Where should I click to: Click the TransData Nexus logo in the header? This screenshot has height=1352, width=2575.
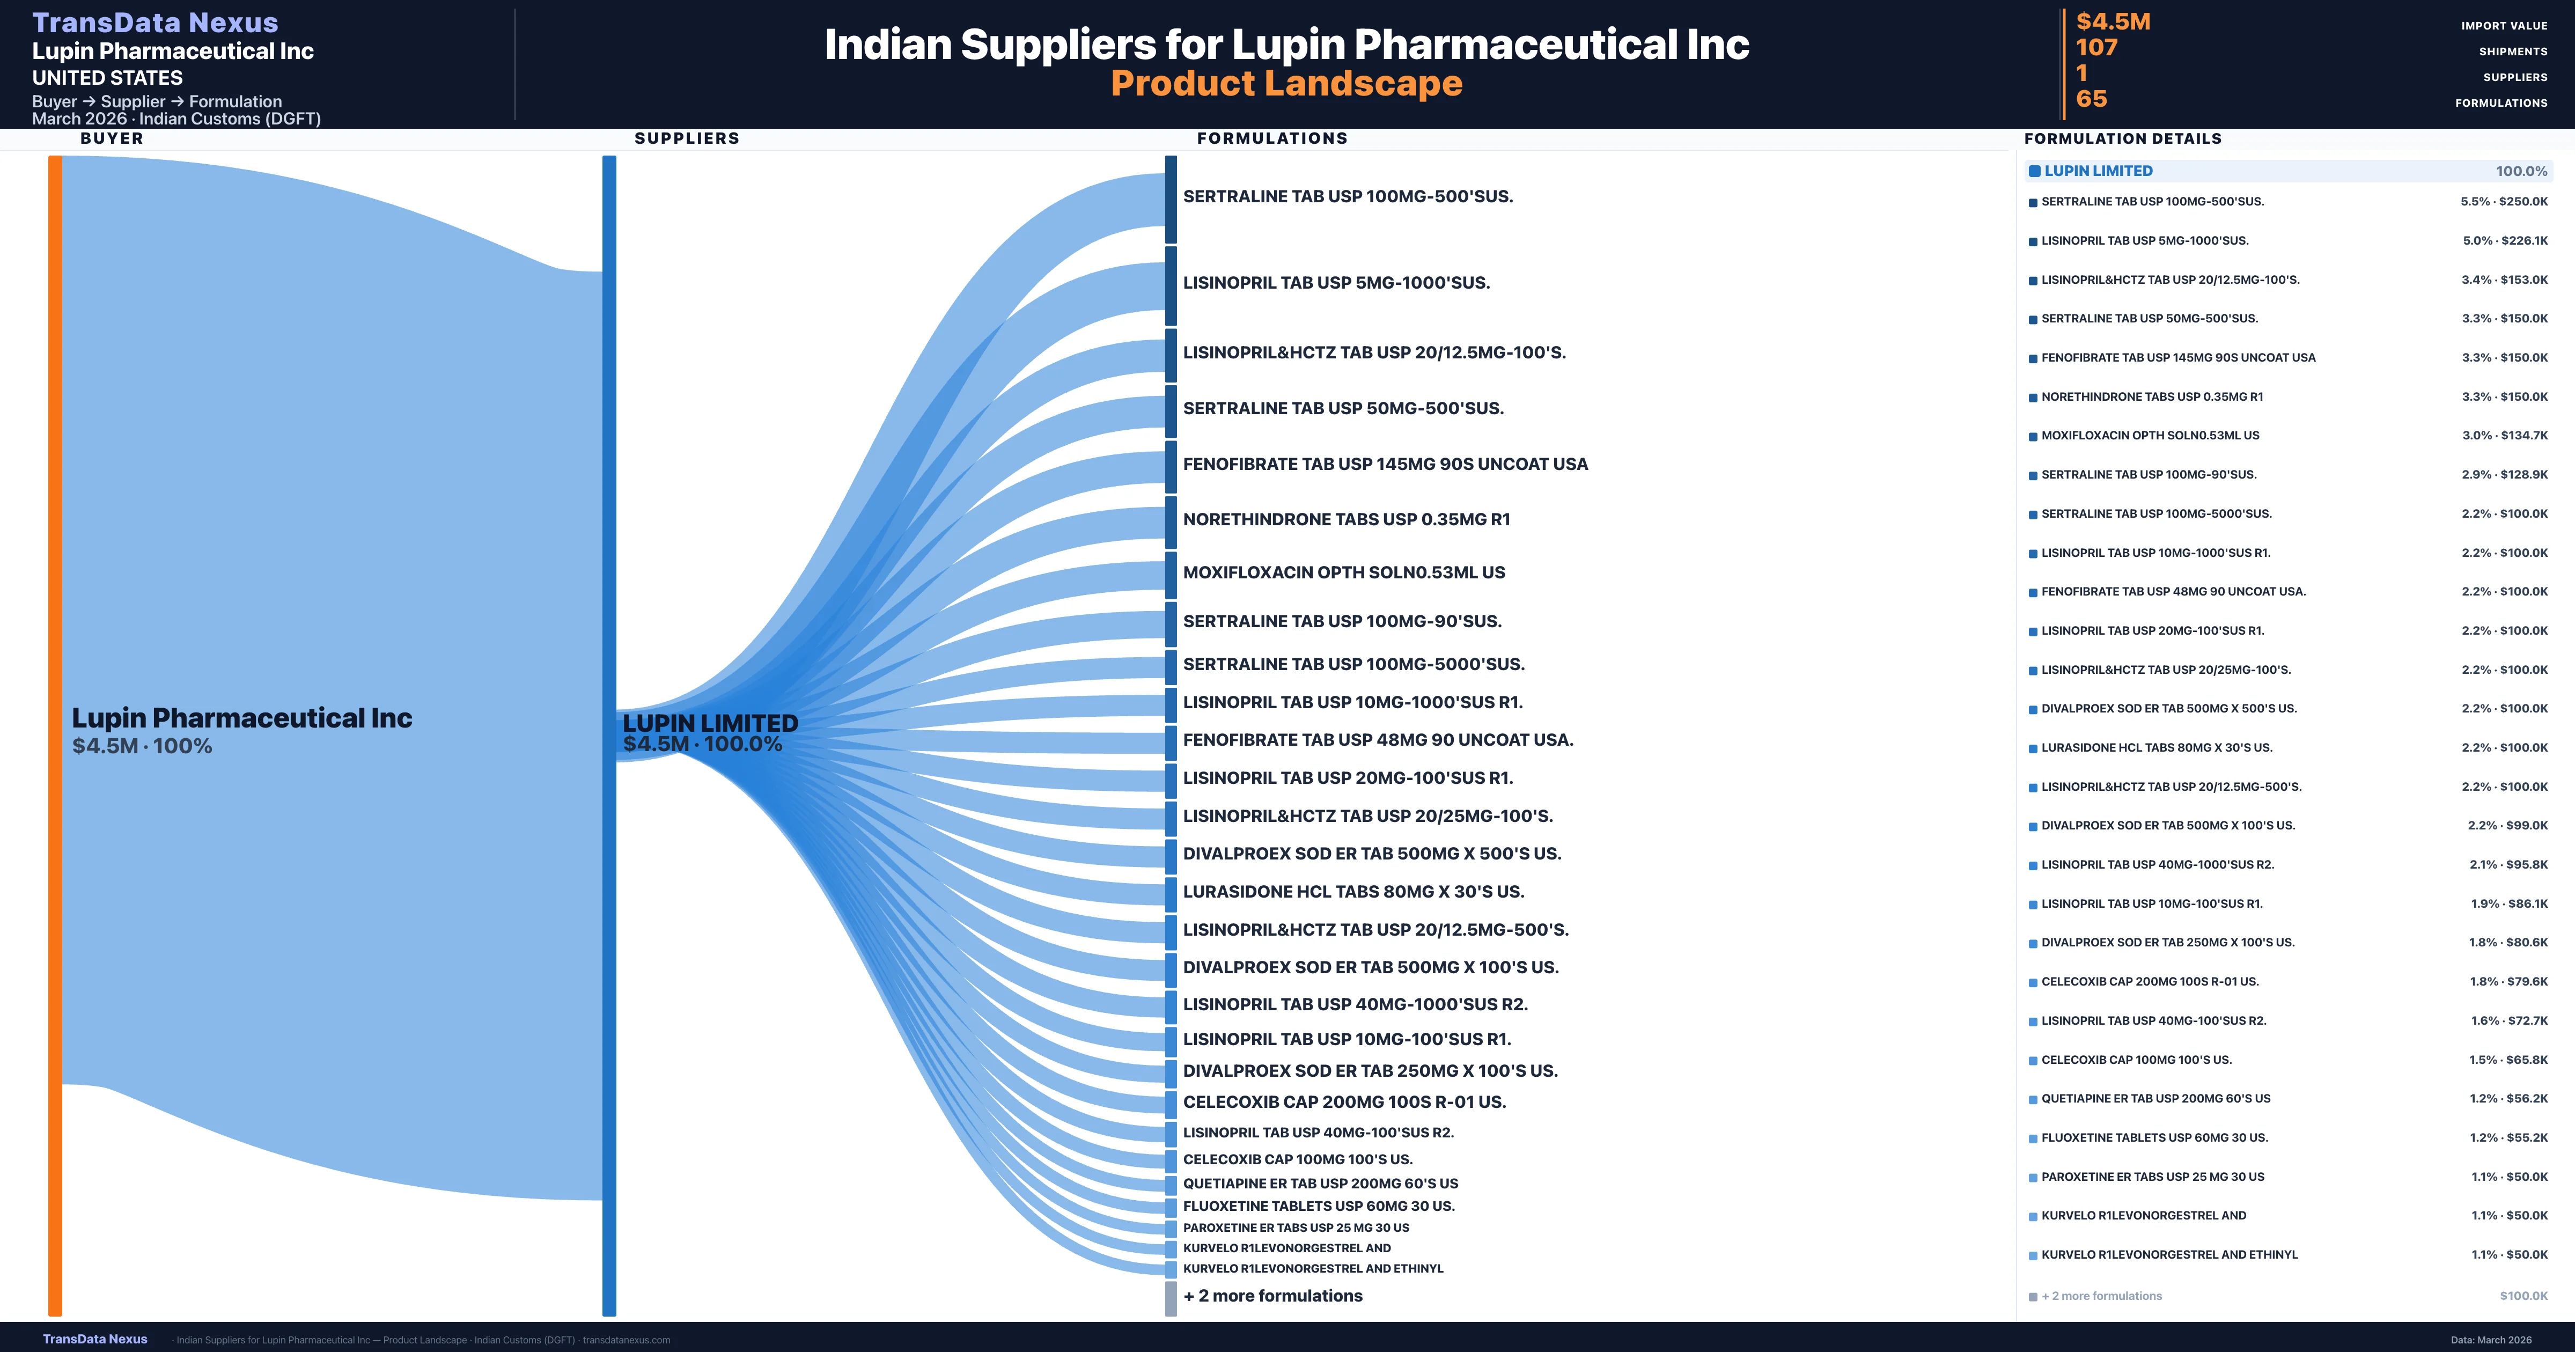pos(155,22)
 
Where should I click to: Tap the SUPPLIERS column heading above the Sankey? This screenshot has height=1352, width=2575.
pos(687,138)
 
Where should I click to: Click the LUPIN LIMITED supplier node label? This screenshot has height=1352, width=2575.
pos(710,723)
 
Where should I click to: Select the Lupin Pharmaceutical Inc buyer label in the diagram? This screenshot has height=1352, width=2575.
pos(242,718)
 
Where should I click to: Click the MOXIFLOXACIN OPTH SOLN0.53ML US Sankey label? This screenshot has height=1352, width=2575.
pos(1343,572)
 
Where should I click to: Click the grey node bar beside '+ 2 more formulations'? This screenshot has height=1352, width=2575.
pos(1171,1298)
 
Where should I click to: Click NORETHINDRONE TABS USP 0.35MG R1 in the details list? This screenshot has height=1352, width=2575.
pos(2151,396)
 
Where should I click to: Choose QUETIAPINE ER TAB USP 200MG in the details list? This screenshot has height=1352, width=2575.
pos(2155,1098)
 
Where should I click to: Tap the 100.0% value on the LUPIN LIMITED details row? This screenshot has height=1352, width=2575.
pos(2521,171)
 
